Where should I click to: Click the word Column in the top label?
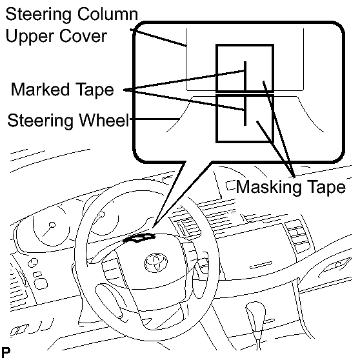click(108, 14)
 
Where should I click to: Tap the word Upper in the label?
click(29, 37)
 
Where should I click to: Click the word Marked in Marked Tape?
click(40, 89)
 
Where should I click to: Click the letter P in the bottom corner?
click(6, 352)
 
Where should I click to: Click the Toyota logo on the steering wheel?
click(156, 263)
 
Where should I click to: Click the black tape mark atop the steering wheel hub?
click(139, 238)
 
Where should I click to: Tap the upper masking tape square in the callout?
click(245, 68)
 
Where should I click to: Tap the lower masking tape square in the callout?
click(245, 119)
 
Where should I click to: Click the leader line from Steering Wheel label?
click(155, 119)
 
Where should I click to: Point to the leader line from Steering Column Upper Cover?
click(159, 37)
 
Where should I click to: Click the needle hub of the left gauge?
click(52, 225)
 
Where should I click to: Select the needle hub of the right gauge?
click(101, 215)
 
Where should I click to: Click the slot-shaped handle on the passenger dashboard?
click(261, 265)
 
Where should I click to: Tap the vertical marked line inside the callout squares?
click(245, 93)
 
